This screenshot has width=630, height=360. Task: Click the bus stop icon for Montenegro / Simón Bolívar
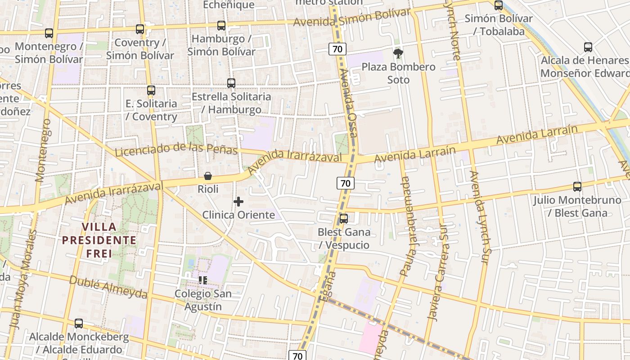coord(49,33)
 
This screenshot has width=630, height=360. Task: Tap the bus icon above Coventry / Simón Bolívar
coord(140,29)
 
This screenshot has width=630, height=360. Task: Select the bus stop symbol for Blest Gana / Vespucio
coord(344,219)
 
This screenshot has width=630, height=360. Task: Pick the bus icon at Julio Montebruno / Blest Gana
coord(577,186)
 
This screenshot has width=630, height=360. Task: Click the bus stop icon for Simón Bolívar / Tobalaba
coord(499,5)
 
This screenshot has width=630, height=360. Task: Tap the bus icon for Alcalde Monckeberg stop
coord(79,323)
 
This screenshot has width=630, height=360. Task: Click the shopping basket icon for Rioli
coord(208,176)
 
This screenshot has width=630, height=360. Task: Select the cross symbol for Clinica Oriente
coord(238,202)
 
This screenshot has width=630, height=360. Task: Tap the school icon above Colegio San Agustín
coord(203,280)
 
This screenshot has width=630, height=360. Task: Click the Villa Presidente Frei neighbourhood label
coord(99,240)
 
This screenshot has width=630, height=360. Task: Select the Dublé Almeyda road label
coord(108,287)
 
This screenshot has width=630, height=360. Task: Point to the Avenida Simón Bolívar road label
coord(352,17)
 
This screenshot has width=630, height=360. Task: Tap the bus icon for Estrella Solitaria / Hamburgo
coord(231,83)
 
